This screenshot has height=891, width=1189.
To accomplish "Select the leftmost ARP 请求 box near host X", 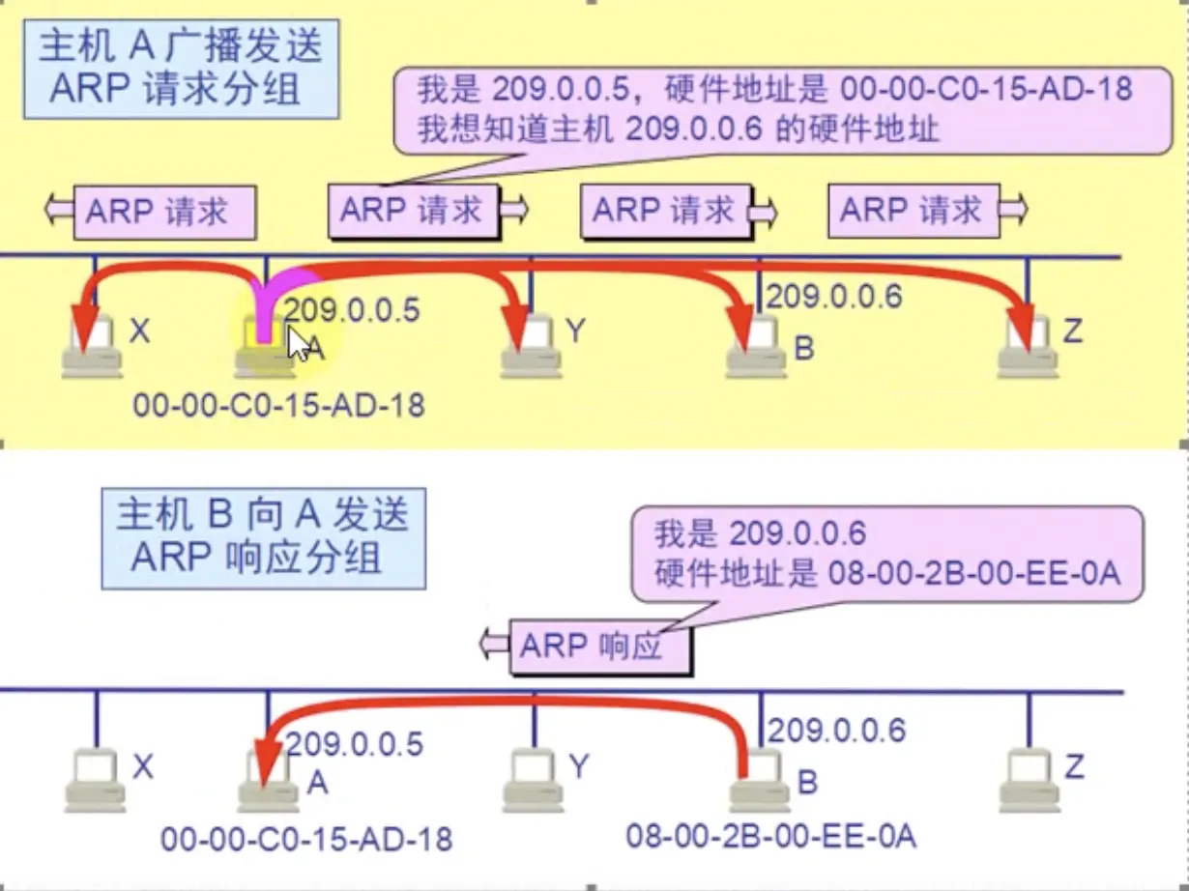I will tap(164, 213).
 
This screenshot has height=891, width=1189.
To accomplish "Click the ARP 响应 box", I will tap(599, 647).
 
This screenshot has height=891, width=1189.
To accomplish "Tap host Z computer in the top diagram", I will tap(1027, 350).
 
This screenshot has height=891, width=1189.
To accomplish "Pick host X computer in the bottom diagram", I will tap(95, 783).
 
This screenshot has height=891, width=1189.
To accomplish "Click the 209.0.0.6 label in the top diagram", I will tap(833, 296).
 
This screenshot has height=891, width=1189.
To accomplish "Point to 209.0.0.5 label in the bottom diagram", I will tap(354, 744).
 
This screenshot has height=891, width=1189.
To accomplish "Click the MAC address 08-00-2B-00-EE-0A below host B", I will tap(770, 834).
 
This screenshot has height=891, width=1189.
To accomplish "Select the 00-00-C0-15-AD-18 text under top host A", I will tap(278, 403).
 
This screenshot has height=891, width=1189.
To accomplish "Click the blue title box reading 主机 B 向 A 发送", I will tap(263, 537).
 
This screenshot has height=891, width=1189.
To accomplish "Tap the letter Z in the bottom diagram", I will tap(1073, 767).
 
